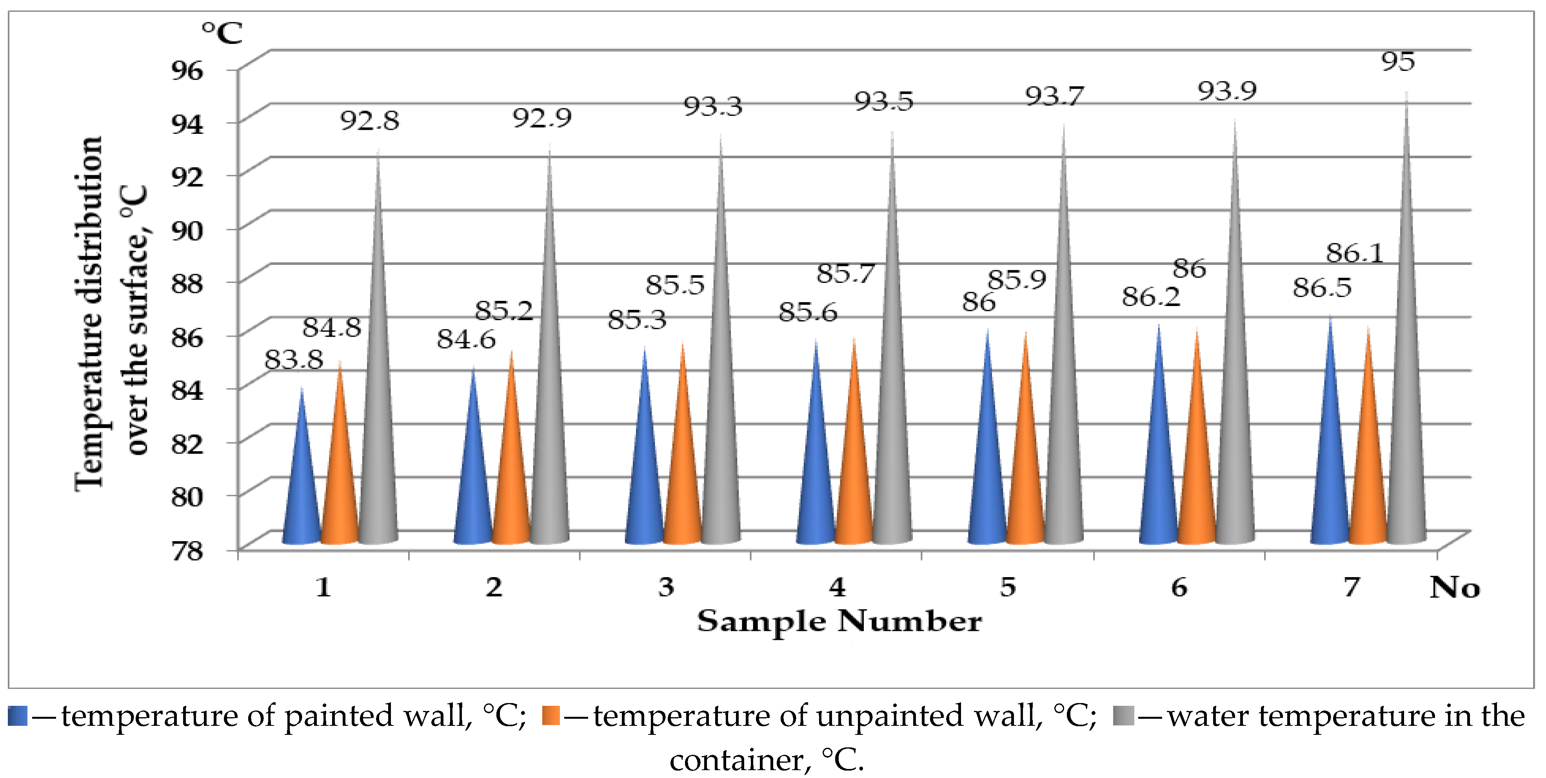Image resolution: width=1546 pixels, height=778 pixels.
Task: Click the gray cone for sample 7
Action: point(1406,420)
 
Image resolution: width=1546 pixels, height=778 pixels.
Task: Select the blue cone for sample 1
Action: point(301,492)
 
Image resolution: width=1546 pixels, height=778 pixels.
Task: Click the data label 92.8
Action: point(370,121)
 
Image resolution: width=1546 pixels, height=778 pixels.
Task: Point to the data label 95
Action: point(1398,61)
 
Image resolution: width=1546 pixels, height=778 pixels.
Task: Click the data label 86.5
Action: point(1322,288)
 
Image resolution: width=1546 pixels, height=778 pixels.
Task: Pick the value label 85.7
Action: point(846,274)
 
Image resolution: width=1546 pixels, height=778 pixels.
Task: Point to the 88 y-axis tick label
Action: point(187,283)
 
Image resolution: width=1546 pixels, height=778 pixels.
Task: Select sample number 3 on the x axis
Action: point(666,587)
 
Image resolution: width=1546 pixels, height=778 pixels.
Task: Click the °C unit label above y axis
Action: point(222,33)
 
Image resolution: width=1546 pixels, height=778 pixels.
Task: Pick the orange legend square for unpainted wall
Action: point(550,716)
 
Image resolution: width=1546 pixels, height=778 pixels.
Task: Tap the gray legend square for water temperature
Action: point(1123,716)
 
